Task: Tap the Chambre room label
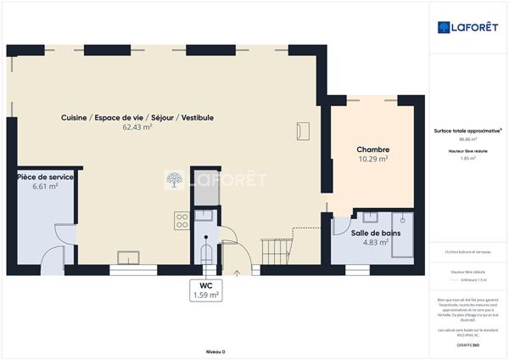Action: click(372, 149)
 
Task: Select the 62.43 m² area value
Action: click(137, 127)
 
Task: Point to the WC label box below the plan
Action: click(206, 290)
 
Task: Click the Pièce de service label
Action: click(45, 177)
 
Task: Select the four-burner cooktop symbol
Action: click(182, 221)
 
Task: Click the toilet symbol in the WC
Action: click(206, 253)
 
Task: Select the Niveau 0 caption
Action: click(215, 351)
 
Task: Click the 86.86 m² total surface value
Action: click(467, 139)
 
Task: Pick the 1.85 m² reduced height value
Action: click(467, 158)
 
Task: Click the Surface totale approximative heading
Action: click(467, 131)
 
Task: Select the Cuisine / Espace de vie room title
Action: click(137, 117)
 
